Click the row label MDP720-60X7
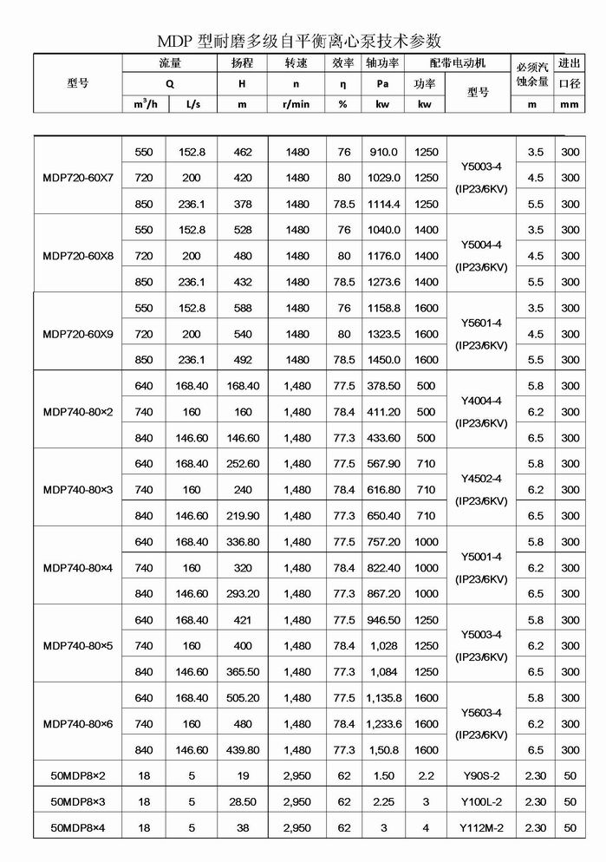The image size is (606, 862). [x=77, y=178]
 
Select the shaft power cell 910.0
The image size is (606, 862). [x=382, y=152]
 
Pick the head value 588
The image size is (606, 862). [x=243, y=308]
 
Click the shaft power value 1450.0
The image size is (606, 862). [x=382, y=360]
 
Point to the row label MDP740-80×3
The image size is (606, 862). [x=77, y=490]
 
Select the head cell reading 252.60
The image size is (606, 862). [x=243, y=464]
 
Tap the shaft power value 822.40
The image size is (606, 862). [x=382, y=568]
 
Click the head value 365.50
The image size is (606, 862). [x=243, y=672]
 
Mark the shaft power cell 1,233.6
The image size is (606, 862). [x=382, y=724]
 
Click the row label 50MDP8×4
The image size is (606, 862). [x=77, y=828]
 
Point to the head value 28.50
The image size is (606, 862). [x=243, y=802]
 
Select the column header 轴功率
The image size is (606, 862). [x=382, y=63]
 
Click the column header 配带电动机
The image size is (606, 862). [x=458, y=63]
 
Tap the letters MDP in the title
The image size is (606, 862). [x=178, y=40]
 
